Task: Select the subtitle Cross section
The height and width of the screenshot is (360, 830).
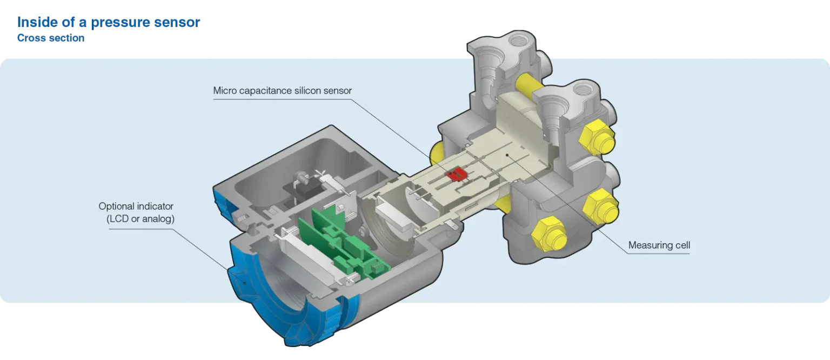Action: point(51,38)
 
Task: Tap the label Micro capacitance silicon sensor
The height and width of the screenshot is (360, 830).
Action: point(283,91)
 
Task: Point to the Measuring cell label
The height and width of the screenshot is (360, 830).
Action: point(659,245)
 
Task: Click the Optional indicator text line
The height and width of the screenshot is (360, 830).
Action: point(136,206)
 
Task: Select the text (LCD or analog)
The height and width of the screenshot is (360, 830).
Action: point(140,219)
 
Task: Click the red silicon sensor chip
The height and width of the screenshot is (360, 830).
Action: point(457,174)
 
